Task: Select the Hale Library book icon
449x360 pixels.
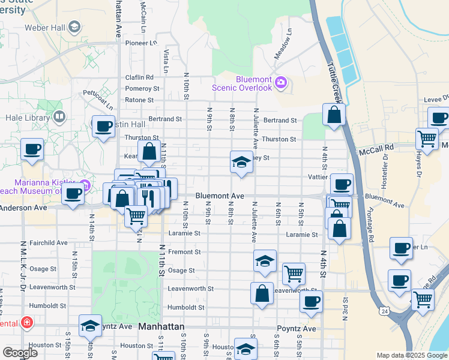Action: (x=59, y=116)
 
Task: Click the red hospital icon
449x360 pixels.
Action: (x=26, y=323)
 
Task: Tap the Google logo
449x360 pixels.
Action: (x=20, y=353)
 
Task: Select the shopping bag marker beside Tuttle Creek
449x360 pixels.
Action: (x=334, y=114)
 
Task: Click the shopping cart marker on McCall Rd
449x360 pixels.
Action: (x=427, y=139)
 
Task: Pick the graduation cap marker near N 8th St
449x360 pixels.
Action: (x=241, y=161)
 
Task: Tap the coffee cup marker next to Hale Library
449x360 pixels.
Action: (x=103, y=126)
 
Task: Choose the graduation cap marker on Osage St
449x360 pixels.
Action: (x=265, y=261)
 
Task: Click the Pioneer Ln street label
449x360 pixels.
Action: (x=140, y=43)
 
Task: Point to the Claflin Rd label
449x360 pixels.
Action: (x=139, y=77)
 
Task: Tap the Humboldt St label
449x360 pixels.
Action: (x=185, y=307)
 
